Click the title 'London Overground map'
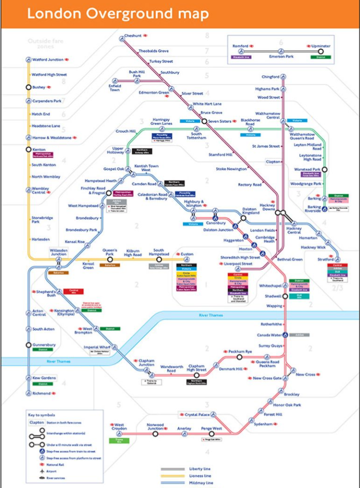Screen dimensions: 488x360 [x=118, y=13]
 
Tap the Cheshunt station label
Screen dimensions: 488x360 [x=133, y=36]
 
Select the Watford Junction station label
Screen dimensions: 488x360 [x=48, y=60]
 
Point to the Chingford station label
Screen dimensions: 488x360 [x=270, y=77]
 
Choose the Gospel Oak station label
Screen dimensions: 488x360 [x=114, y=168]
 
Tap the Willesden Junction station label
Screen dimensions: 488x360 [x=59, y=252]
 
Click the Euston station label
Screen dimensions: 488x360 [x=187, y=254]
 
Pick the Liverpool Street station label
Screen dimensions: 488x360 [x=239, y=264]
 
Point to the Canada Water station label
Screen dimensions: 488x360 [x=270, y=335]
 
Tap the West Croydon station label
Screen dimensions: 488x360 [x=120, y=427]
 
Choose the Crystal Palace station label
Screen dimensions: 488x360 [x=197, y=415]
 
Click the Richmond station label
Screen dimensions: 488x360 [x=41, y=393]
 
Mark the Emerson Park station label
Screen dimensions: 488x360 [x=281, y=57]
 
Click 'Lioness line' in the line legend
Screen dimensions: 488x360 [x=200, y=476]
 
